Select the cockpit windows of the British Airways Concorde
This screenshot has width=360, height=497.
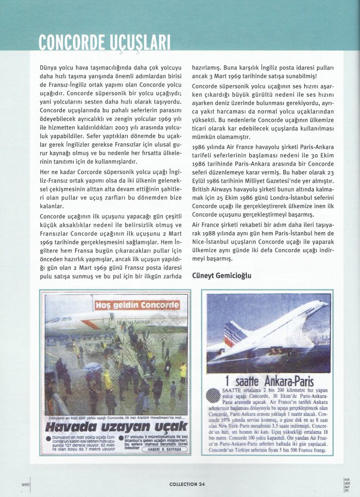(54, 319)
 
